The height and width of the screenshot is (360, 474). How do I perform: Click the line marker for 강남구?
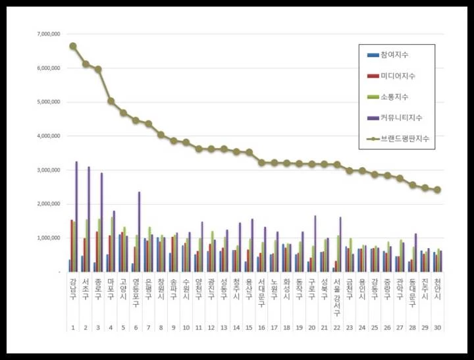point(72,46)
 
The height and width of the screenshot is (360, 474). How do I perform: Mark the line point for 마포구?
point(111,101)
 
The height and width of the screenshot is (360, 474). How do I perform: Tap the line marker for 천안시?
point(437,190)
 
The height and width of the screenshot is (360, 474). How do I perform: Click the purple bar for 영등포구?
point(139,231)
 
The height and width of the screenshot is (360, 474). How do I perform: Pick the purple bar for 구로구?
point(315,243)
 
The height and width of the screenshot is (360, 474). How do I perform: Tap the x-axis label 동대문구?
point(412,289)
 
